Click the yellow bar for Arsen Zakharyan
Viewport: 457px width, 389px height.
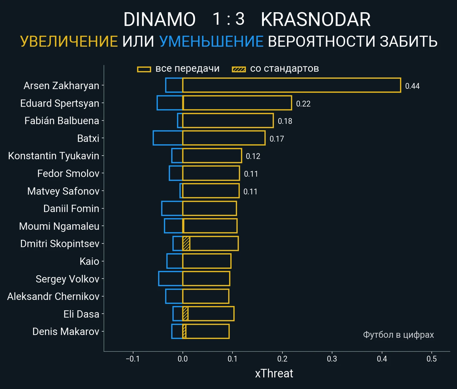click(291, 85)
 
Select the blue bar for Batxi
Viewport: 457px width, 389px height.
click(168, 138)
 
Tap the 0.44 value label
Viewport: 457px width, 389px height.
click(412, 86)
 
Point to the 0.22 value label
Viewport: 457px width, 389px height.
click(303, 104)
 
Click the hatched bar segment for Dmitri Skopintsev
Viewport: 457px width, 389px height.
click(186, 244)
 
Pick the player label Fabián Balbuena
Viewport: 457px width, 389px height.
click(62, 121)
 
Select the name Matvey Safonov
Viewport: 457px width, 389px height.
click(63, 191)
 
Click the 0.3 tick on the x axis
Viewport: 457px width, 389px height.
click(332, 359)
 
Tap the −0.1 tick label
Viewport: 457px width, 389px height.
click(132, 359)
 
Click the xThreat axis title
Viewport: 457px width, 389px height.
click(274, 373)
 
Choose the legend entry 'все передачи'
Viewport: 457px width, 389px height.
click(187, 69)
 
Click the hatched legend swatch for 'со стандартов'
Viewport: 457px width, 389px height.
click(239, 69)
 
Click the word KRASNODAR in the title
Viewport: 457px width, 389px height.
click(316, 19)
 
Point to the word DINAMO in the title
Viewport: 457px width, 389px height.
click(159, 19)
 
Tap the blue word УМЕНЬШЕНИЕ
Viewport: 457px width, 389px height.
click(211, 41)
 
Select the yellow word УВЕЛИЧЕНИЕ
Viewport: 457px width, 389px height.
click(69, 41)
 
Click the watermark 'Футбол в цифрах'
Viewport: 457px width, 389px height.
click(398, 335)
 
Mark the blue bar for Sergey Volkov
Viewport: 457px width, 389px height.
click(171, 279)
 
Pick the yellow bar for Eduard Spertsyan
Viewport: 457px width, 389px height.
click(237, 103)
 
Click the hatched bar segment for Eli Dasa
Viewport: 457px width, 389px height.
click(185, 314)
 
